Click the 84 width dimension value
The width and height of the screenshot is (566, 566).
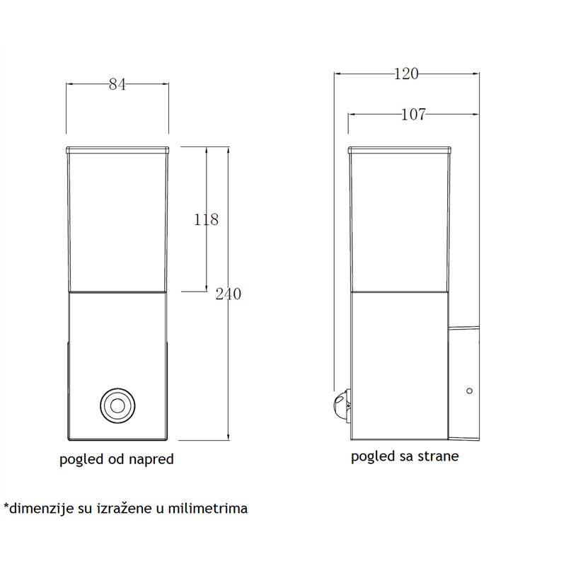pyautogui.click(x=117, y=84)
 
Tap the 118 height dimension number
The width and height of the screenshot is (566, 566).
pyautogui.click(x=206, y=219)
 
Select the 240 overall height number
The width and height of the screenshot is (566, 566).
pyautogui.click(x=228, y=294)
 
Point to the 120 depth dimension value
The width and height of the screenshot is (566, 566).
pyautogui.click(x=406, y=74)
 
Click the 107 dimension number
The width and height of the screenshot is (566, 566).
pyautogui.click(x=413, y=115)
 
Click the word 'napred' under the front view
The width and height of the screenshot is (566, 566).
pyautogui.click(x=151, y=459)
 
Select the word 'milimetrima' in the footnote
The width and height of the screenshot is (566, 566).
pyautogui.click(x=208, y=508)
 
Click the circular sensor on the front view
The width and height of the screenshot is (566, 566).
pyautogui.click(x=117, y=405)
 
